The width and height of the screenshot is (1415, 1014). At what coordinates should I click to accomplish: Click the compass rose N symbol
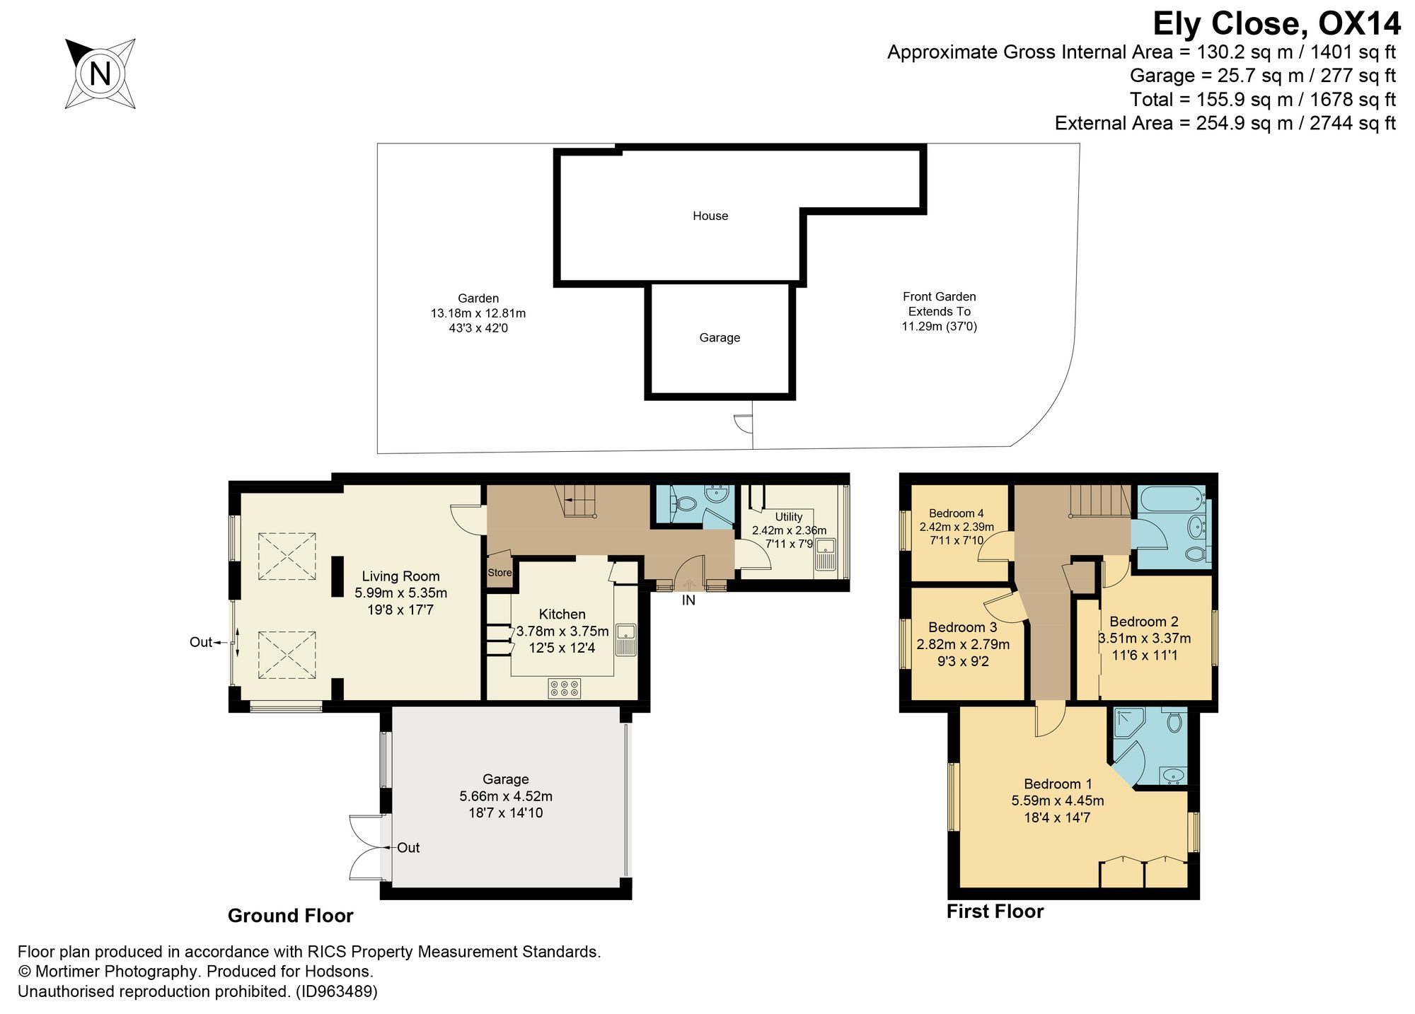tap(100, 74)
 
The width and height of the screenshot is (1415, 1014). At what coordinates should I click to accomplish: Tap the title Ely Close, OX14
tap(1276, 23)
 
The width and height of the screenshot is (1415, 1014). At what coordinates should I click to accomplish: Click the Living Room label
tap(400, 576)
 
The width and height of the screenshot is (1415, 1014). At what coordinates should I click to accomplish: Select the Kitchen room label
tap(562, 614)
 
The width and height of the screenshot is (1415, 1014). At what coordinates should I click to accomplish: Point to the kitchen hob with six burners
tap(565, 689)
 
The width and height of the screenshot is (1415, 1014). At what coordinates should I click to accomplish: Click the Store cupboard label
tap(499, 573)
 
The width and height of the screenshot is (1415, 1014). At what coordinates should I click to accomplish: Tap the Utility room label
tap(789, 517)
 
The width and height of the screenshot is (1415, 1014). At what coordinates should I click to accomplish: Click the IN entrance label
tap(688, 600)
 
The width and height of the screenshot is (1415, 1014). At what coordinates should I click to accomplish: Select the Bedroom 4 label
tap(957, 513)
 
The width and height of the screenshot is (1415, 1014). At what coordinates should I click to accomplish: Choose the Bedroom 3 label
tap(963, 627)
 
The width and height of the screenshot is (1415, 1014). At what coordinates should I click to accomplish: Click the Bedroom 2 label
tap(1144, 622)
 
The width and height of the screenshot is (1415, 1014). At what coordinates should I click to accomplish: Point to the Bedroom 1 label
tap(1058, 783)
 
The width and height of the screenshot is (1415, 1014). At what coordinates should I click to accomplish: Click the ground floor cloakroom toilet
tap(683, 503)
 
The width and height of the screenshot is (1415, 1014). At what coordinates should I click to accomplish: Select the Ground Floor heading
tap(290, 916)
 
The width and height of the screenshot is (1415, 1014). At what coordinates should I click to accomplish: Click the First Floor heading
tap(995, 911)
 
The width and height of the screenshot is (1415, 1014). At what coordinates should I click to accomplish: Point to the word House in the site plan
tap(710, 216)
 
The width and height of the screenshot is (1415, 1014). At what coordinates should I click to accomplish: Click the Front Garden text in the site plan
tap(940, 297)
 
